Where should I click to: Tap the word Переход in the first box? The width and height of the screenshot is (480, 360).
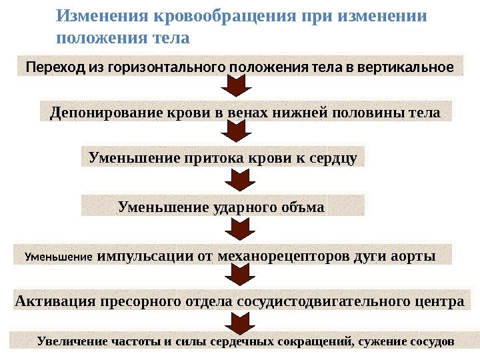49,67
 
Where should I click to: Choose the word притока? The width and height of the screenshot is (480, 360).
211,158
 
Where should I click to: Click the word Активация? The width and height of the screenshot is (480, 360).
55,301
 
